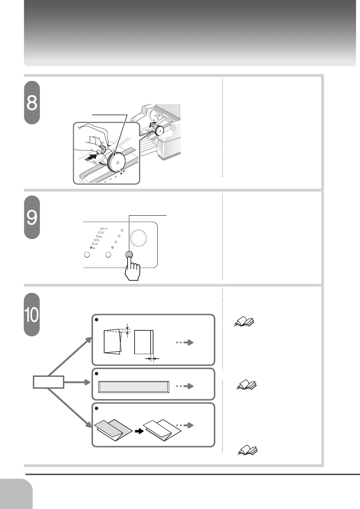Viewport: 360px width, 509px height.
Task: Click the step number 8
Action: tap(32, 103)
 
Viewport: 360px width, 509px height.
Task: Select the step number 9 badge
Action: tap(32, 217)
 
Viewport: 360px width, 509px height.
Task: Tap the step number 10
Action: tap(32, 315)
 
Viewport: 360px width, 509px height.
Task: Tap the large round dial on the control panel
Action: tap(138, 238)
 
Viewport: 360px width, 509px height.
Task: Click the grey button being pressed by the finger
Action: tap(129, 255)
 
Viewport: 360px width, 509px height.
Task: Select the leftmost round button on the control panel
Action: tap(87, 255)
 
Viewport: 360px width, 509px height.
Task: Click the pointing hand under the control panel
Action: tap(132, 269)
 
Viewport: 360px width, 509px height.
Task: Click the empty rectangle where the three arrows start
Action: tap(49, 382)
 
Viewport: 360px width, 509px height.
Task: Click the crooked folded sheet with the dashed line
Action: tap(113, 342)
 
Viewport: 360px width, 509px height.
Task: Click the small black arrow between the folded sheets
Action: tap(139, 431)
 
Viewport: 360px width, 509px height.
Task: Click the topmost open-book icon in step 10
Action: tap(244, 321)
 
